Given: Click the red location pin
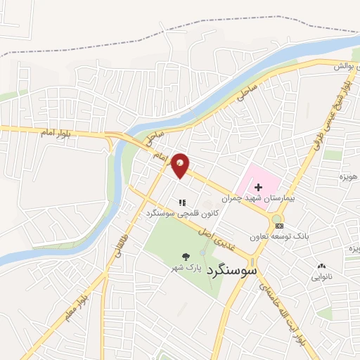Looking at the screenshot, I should (x=181, y=165).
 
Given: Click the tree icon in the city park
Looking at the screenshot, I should (x=186, y=257).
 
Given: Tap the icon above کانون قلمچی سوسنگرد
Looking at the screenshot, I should (x=181, y=202).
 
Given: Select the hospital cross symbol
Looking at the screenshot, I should (x=258, y=187).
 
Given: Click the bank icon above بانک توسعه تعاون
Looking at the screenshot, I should (x=281, y=226).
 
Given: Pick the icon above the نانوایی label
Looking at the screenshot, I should (x=322, y=266).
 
